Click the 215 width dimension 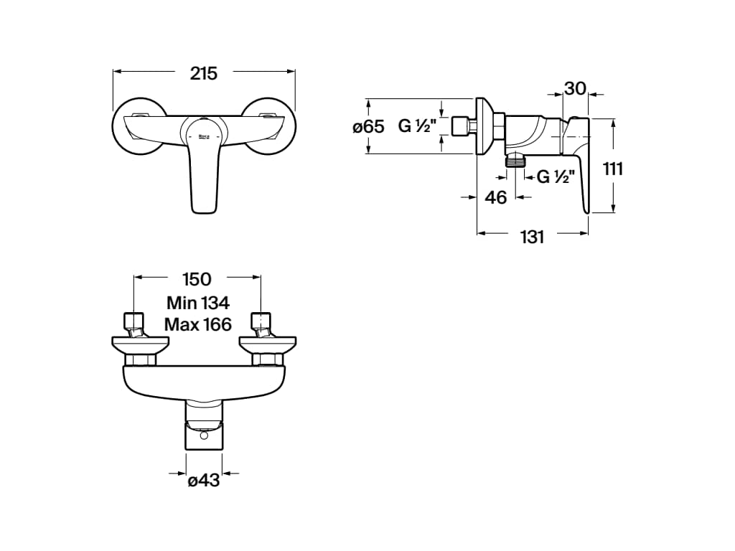click(204, 74)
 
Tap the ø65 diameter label click(368, 126)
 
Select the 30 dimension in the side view click(575, 88)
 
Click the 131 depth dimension click(532, 237)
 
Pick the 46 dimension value click(496, 198)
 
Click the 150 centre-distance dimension click(197, 279)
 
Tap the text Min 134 click(198, 303)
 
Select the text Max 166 click(198, 324)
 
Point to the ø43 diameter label click(203, 480)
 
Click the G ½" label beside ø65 click(417, 126)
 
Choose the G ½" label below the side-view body click(556, 176)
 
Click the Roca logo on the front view click(204, 136)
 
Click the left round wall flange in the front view click(139, 126)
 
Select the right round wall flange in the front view click(268, 126)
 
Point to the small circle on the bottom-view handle click(203, 435)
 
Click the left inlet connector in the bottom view click(134, 326)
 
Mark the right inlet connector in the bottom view click(261, 326)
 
